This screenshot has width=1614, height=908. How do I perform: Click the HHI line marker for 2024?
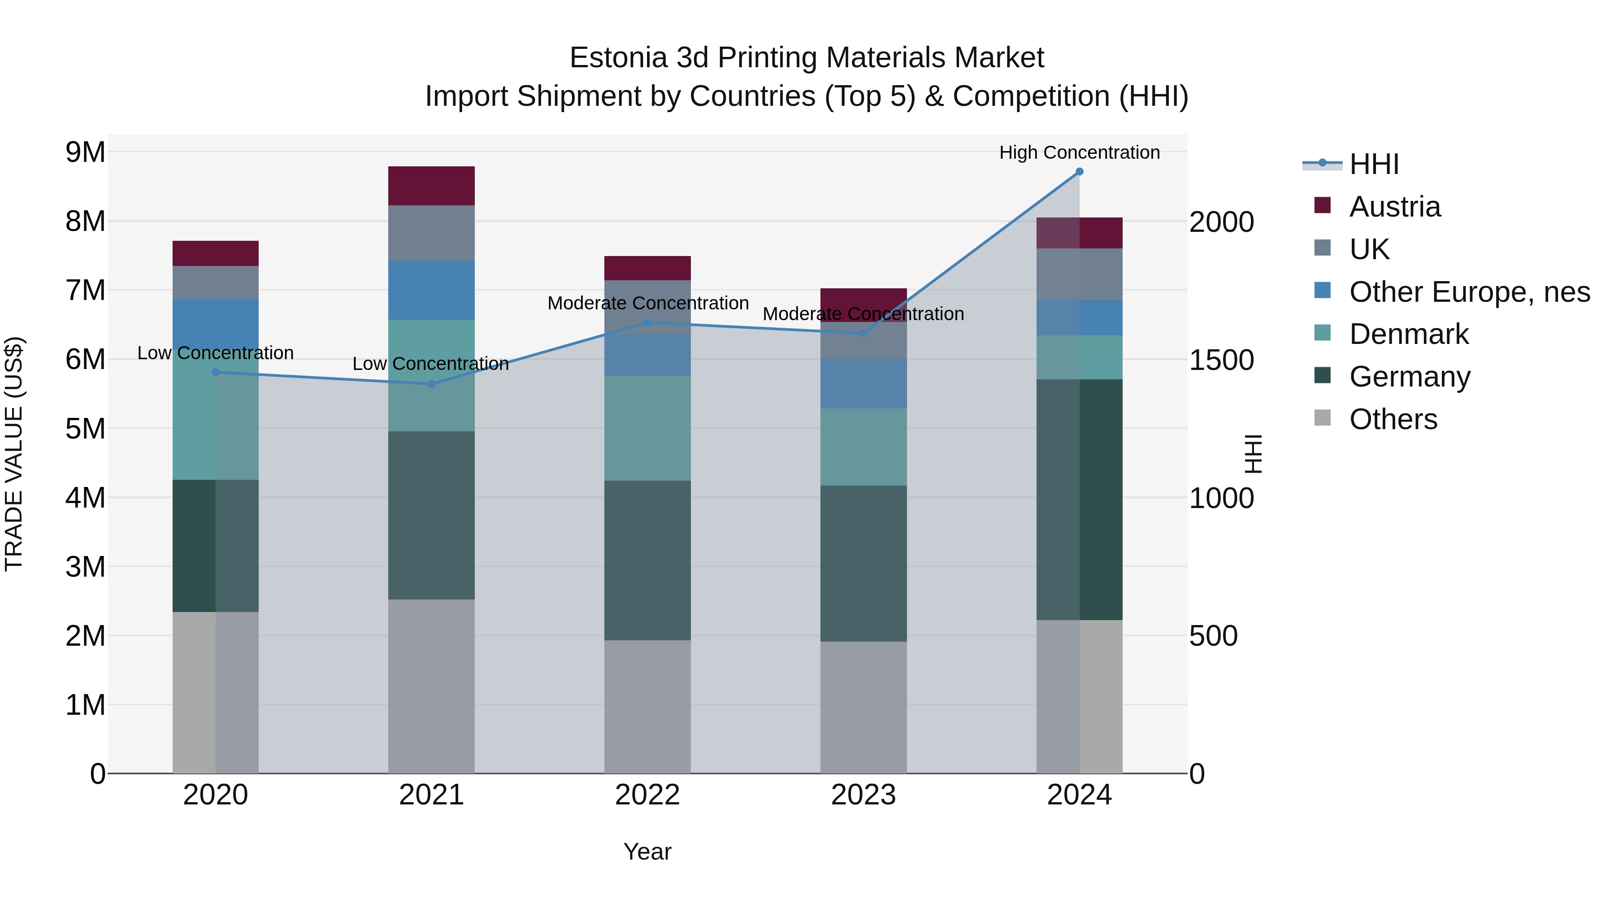click(1079, 172)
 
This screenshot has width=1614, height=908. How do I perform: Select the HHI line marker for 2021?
click(431, 384)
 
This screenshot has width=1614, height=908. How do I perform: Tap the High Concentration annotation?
click(1079, 152)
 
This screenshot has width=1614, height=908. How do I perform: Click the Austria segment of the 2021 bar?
click(431, 186)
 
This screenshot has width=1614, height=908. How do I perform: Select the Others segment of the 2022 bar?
click(647, 706)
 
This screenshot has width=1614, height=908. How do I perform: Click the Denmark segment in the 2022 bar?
click(647, 428)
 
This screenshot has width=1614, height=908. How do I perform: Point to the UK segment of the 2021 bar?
click(431, 233)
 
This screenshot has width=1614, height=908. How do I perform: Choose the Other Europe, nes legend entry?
click(1469, 292)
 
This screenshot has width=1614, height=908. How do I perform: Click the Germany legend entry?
click(1409, 377)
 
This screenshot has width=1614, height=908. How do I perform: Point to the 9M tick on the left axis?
click(85, 152)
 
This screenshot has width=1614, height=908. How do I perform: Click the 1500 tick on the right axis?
click(1221, 361)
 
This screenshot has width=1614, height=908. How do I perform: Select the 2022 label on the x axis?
click(647, 795)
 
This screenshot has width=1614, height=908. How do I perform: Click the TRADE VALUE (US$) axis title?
click(14, 454)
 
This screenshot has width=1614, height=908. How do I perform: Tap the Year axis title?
click(647, 852)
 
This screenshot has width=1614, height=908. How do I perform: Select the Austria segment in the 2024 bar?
click(1079, 233)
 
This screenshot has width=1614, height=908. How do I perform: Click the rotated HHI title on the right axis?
click(1253, 454)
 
